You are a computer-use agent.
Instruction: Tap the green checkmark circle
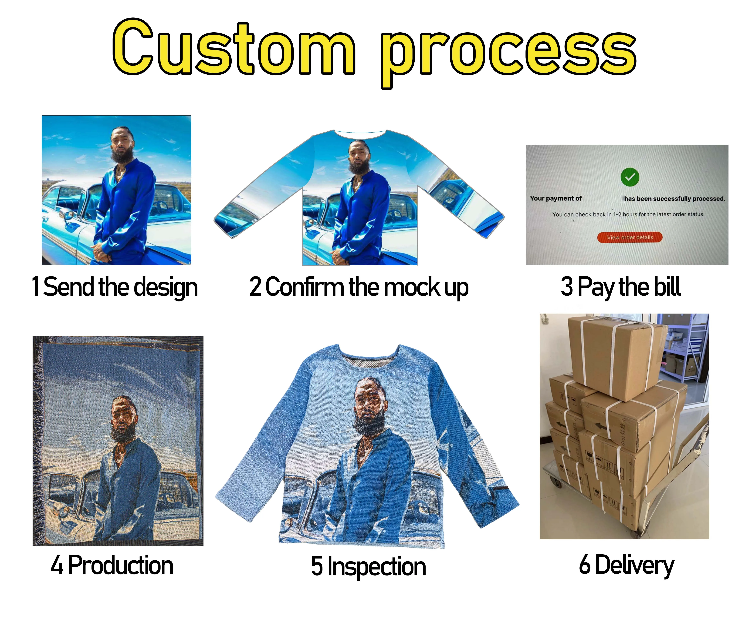click(x=630, y=177)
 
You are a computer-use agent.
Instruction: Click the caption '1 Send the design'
click(x=115, y=287)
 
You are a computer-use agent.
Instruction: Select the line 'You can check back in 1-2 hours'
click(x=628, y=214)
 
